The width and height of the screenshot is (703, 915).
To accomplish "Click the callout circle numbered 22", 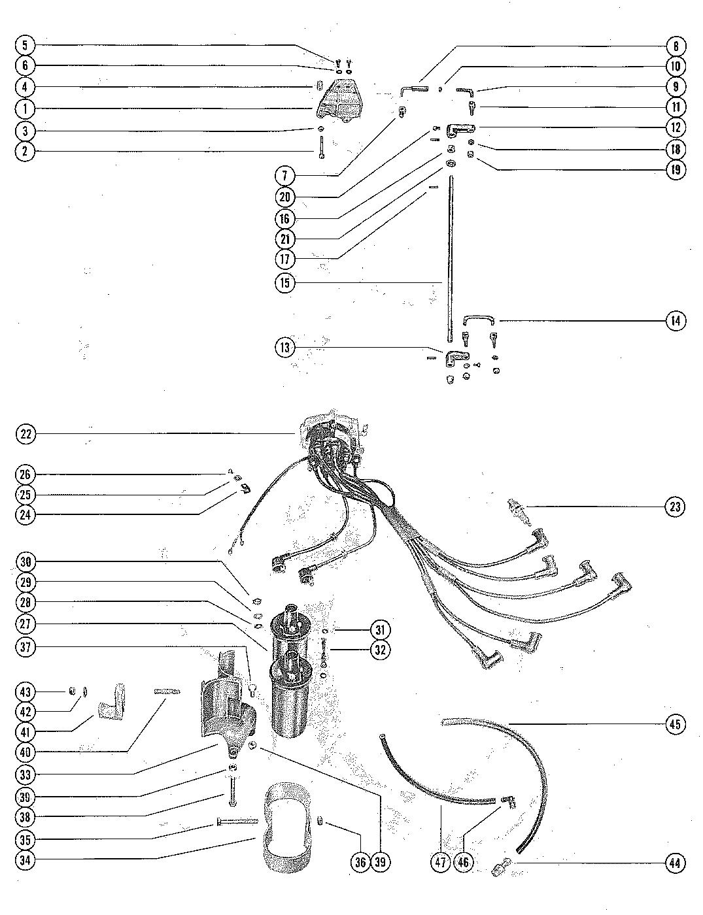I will click(x=26, y=433).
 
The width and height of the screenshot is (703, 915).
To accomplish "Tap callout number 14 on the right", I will click(x=676, y=321).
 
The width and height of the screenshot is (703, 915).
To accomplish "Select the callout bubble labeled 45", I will click(x=676, y=724).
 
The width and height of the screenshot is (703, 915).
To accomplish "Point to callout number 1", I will click(x=26, y=108).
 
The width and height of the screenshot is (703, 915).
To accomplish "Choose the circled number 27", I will click(x=26, y=624).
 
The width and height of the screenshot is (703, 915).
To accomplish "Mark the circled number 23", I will click(x=676, y=507).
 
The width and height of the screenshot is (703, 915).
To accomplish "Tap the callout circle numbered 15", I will click(x=285, y=283).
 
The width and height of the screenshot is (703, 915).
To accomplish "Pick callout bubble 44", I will click(x=676, y=863).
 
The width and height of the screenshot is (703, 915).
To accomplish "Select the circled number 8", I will click(x=676, y=46).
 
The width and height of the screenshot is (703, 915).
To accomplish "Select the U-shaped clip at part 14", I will click(x=480, y=320).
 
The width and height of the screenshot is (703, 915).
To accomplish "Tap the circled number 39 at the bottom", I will click(x=381, y=862).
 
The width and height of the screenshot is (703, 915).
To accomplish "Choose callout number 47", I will click(x=440, y=863).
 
